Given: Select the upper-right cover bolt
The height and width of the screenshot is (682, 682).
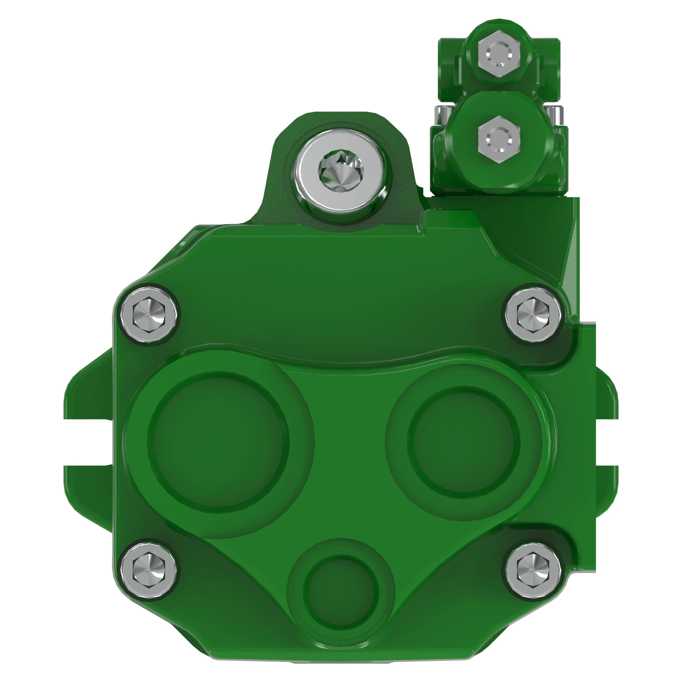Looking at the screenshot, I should point(533,313).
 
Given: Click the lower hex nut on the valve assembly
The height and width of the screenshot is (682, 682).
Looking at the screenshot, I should point(499,140).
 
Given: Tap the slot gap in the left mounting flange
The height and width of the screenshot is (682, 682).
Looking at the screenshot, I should point(88,442).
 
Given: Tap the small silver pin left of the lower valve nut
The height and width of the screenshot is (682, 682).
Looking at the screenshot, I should point(442,115).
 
